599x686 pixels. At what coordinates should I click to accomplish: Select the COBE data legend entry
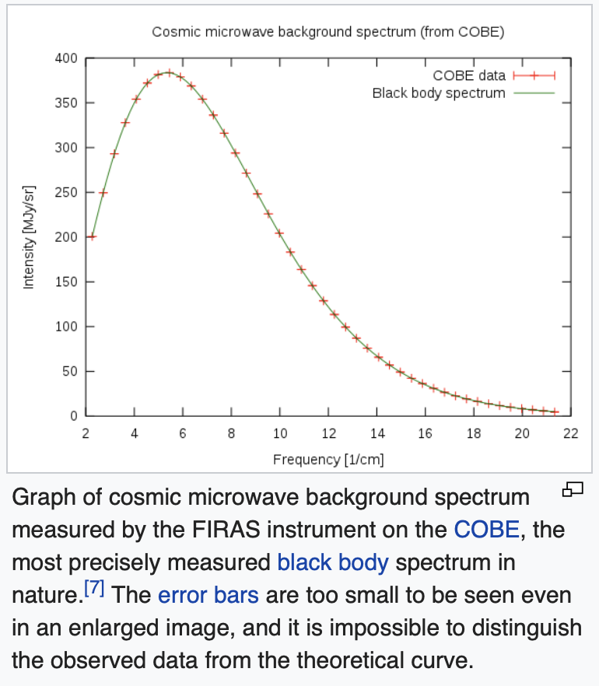point(469,75)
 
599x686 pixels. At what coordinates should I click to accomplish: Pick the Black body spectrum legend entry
point(439,93)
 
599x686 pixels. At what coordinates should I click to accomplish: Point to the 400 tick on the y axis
point(66,58)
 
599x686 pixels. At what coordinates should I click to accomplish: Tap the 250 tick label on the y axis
point(66,192)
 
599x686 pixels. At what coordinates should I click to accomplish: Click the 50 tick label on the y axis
point(69,371)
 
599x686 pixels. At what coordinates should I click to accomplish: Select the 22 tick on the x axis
point(571,433)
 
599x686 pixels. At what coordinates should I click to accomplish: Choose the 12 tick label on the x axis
point(328,433)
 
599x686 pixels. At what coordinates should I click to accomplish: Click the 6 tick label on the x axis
point(183,433)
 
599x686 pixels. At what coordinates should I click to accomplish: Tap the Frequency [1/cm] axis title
point(328,460)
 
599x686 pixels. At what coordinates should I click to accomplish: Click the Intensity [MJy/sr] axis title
point(29,237)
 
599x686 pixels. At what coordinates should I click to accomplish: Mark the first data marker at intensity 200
point(92,236)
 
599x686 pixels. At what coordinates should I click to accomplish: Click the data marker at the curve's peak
point(169,72)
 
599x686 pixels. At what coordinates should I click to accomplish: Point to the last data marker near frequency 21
point(555,411)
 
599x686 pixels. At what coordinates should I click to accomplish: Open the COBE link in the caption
point(486,530)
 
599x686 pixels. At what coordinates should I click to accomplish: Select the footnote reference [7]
point(93,591)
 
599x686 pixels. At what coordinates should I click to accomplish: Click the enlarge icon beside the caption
point(573,489)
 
